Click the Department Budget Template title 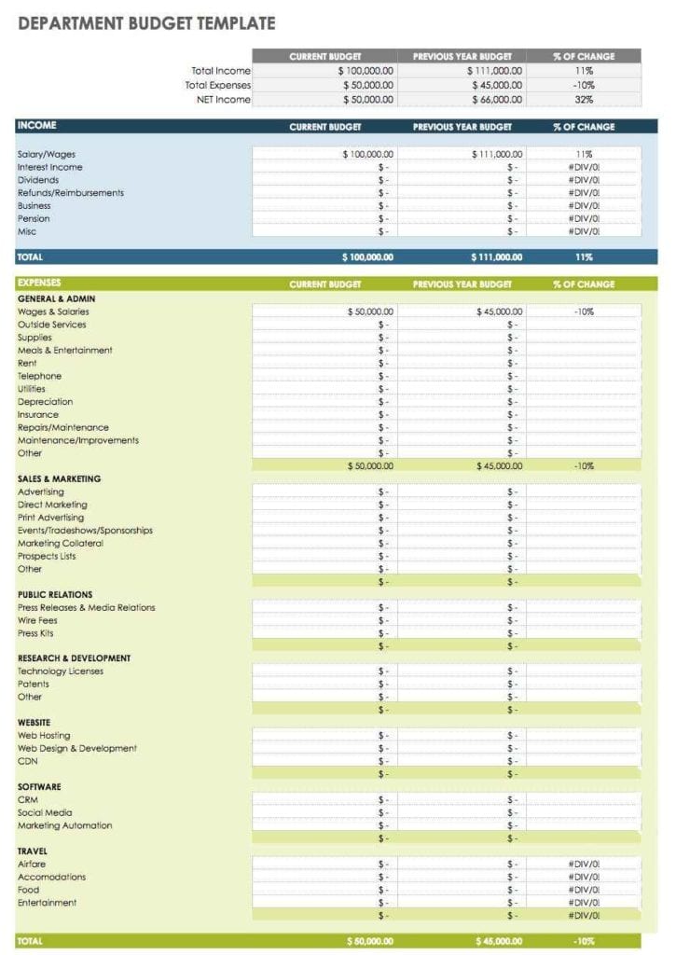pos(146,23)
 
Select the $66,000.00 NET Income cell pos(496,99)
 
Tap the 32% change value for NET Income pos(584,99)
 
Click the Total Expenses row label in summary pos(217,85)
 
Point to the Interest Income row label pos(49,167)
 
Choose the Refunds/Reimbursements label pos(70,193)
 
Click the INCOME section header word pos(36,125)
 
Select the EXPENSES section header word pos(40,282)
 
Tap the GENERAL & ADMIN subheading pos(56,298)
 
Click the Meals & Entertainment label pos(64,351)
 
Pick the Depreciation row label pos(45,402)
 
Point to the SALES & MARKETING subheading pos(59,478)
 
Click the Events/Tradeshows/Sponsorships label pos(85,531)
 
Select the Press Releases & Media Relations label pos(86,607)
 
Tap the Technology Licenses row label pos(60,671)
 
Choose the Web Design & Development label pos(76,748)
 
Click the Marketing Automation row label pos(64,825)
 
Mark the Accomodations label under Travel pos(51,877)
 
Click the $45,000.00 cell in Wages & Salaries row pos(499,311)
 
